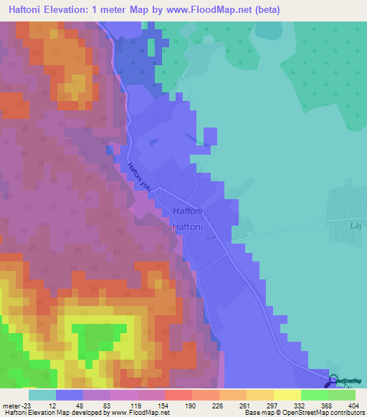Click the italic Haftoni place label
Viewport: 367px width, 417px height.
click(x=189, y=212)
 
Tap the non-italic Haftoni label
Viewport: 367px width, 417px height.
click(x=189, y=226)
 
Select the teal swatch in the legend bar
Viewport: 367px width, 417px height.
click(x=42, y=395)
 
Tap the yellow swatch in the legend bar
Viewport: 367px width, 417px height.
click(x=287, y=395)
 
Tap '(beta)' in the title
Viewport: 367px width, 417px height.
click(x=263, y=10)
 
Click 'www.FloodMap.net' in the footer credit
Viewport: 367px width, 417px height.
click(x=141, y=413)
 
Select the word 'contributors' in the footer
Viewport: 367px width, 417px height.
click(x=346, y=413)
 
